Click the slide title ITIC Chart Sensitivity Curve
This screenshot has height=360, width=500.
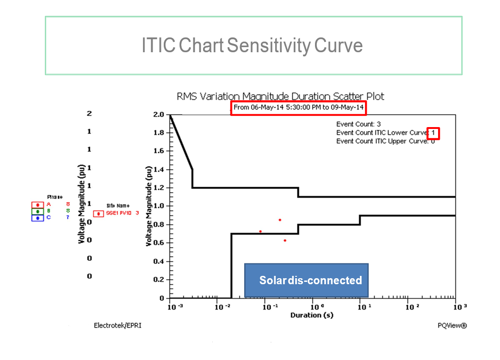[x=252, y=46]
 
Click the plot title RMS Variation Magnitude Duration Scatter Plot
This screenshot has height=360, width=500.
[x=280, y=97]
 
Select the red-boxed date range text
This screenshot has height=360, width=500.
[x=298, y=108]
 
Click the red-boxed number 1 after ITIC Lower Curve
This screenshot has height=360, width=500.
[x=433, y=133]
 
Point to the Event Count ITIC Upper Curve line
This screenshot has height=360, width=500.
[x=385, y=141]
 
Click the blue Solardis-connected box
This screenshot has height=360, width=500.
[x=306, y=280]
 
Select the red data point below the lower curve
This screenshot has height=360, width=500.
[x=285, y=240]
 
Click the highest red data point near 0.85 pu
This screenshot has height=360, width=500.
[x=280, y=220]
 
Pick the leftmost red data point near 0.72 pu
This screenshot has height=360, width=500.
[x=260, y=231]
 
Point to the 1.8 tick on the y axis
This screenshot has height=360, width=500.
[x=159, y=133]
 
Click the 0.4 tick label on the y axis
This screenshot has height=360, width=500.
[x=159, y=262]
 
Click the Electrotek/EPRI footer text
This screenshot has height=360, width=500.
[x=117, y=325]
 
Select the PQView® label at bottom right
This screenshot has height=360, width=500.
[x=452, y=325]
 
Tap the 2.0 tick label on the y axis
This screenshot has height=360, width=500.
[x=159, y=115]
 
